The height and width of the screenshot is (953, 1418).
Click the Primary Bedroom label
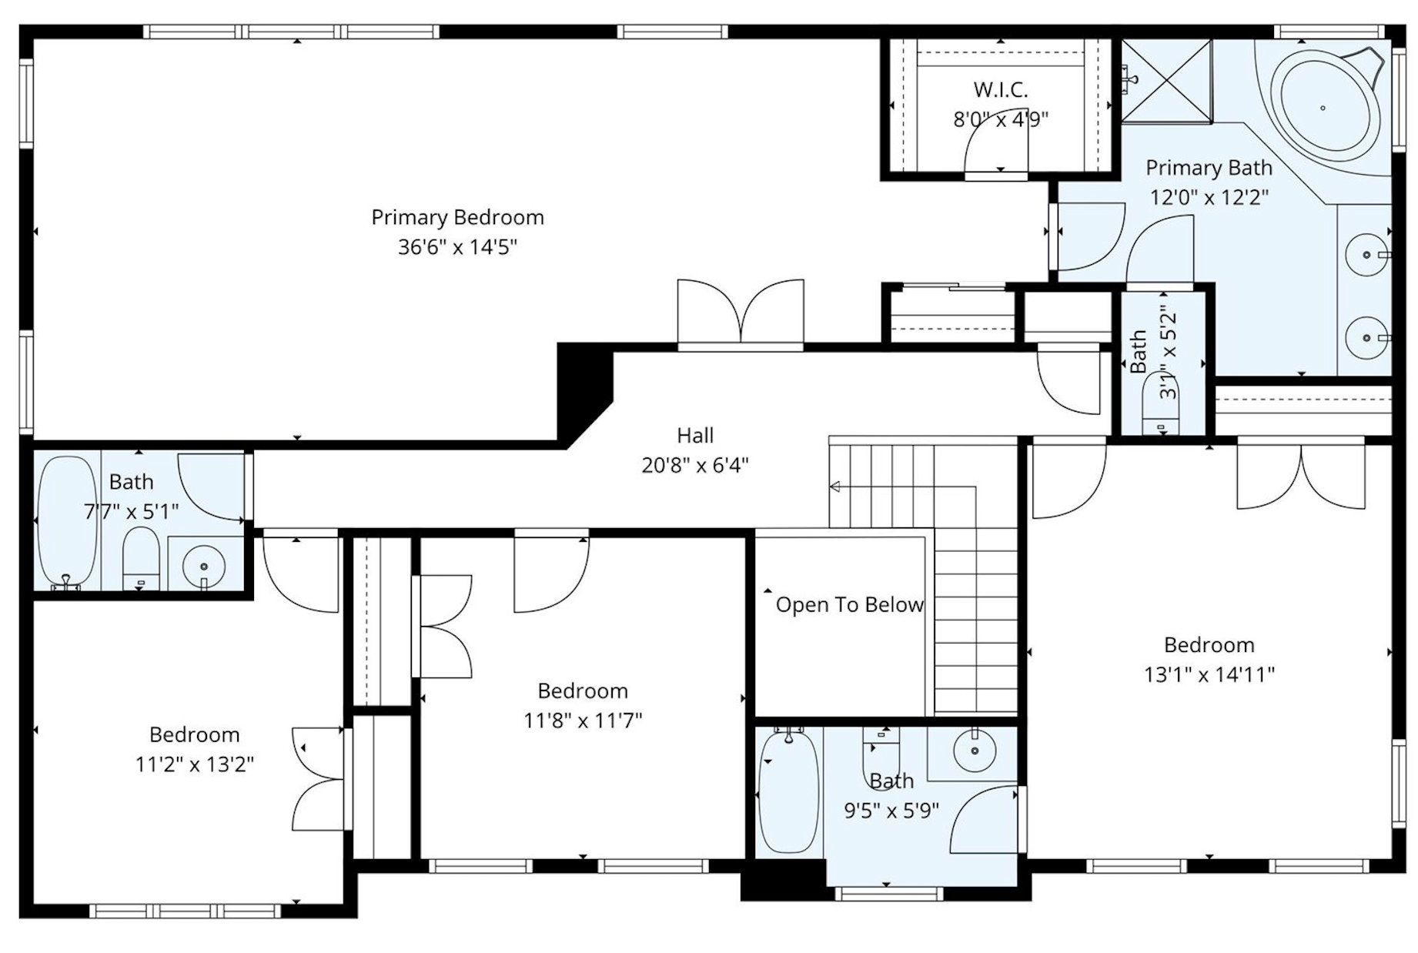tap(457, 217)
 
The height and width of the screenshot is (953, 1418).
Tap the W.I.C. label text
tap(1000, 89)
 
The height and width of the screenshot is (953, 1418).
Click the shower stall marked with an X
tap(1166, 81)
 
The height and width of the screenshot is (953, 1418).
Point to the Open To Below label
tap(849, 605)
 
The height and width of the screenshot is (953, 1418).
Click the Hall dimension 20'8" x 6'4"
tap(695, 465)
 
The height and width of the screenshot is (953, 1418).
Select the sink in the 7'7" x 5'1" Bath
tap(204, 567)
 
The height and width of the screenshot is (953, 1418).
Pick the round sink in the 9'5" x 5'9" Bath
tap(975, 749)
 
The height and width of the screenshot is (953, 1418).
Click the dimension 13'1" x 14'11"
tap(1209, 674)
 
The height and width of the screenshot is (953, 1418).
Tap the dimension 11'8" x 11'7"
tap(583, 721)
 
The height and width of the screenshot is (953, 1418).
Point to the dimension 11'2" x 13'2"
tap(195, 764)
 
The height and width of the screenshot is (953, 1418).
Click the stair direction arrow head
tap(834, 487)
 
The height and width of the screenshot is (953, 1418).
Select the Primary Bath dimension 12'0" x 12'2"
tap(1209, 198)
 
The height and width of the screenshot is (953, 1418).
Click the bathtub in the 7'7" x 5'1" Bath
tap(68, 522)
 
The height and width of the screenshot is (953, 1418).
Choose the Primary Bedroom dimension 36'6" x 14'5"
tap(457, 247)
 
